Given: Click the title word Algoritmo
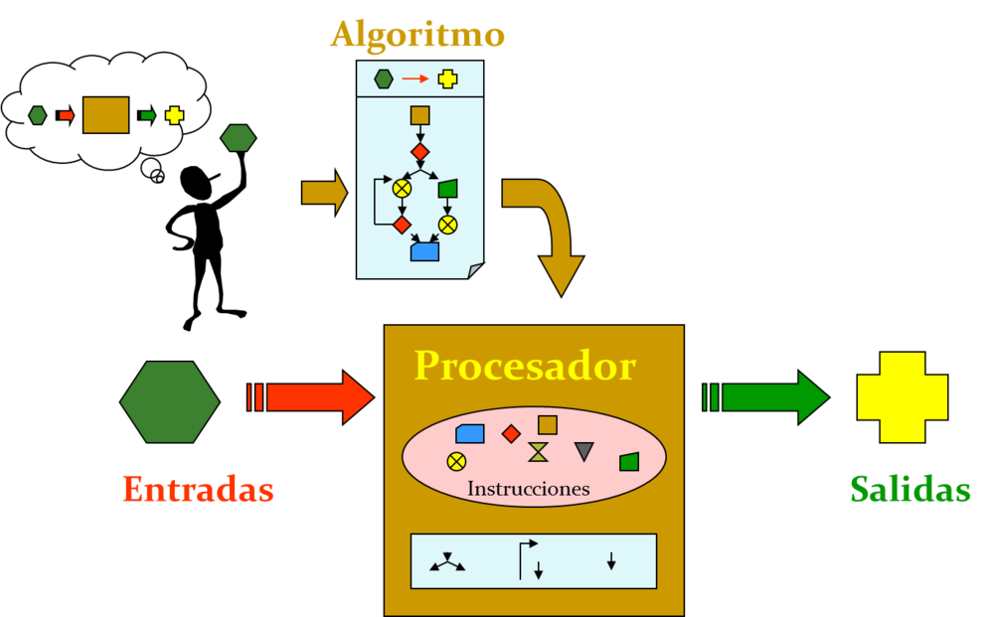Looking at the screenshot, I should click(x=417, y=35).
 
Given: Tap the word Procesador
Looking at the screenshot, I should click(x=525, y=366).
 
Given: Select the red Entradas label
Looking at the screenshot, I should click(x=198, y=489).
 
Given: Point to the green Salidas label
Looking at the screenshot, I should click(x=911, y=489).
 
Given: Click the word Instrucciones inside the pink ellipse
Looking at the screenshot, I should click(x=528, y=489).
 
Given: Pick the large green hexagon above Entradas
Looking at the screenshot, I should click(x=170, y=401).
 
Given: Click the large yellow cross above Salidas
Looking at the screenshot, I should click(x=903, y=397).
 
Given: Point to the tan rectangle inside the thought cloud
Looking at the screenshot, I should click(x=105, y=115).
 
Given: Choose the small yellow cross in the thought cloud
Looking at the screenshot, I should click(x=175, y=115).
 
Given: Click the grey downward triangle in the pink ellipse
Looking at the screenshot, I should click(x=584, y=451).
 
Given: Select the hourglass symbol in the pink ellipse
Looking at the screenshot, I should click(x=538, y=452).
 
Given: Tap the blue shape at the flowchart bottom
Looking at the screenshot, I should click(x=424, y=251).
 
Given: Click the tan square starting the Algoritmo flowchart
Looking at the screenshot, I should click(x=419, y=115).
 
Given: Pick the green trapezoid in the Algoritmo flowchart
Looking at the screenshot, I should click(x=447, y=189).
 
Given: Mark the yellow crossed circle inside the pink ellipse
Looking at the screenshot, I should click(x=456, y=460).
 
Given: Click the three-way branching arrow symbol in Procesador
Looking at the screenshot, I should click(x=447, y=562).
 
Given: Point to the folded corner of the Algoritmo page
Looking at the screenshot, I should click(x=476, y=270).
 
